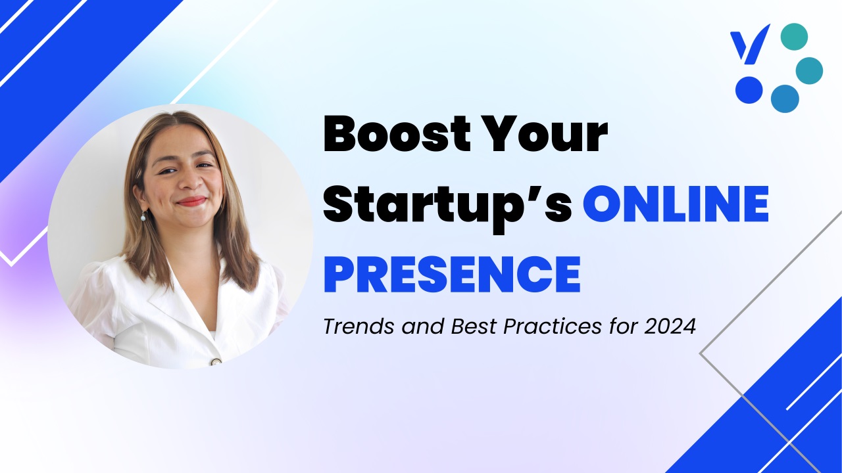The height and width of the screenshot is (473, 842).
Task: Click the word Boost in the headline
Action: pyautogui.click(x=397, y=134)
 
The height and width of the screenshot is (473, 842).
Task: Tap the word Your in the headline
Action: pyautogui.click(x=543, y=134)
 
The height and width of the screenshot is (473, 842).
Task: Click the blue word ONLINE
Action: pyautogui.click(x=676, y=204)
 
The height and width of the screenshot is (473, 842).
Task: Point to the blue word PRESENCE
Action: pyautogui.click(x=452, y=274)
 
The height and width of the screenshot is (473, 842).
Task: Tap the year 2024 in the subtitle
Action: pyautogui.click(x=670, y=327)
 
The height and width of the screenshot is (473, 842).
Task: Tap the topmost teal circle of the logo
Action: pyautogui.click(x=794, y=37)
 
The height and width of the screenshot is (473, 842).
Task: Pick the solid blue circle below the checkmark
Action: pyautogui.click(x=749, y=90)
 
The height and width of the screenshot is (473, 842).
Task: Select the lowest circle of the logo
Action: pyautogui.click(x=785, y=99)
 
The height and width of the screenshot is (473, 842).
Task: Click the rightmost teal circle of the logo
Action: pyautogui.click(x=809, y=70)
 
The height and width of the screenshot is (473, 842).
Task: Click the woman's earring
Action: pyautogui.click(x=143, y=216)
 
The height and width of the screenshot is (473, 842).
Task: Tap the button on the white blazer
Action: pyautogui.click(x=216, y=362)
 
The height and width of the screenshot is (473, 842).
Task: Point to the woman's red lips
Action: pyautogui.click(x=191, y=202)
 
